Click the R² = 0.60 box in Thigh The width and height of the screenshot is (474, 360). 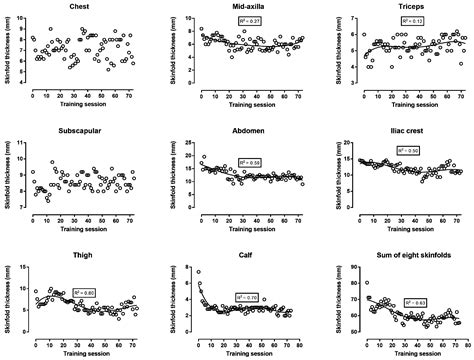click(x=85, y=293)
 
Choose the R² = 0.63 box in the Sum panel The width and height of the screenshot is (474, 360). click(x=415, y=300)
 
